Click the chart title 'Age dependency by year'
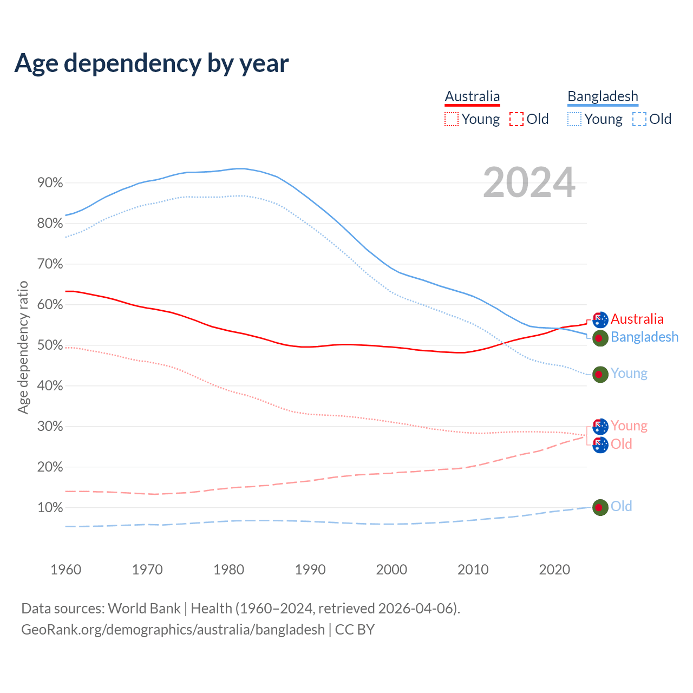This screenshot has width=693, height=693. pos(152,63)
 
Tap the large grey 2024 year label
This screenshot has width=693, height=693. pos(529,183)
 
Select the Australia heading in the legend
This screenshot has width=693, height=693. pos(472,96)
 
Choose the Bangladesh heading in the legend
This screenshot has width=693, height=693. pos(603,96)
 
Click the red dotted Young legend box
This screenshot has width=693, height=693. pos(452,119)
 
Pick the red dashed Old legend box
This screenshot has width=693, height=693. pos(517,119)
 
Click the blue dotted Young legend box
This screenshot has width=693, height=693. pos(574,119)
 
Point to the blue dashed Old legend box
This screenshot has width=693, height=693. pos(639,119)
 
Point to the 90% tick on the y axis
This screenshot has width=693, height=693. pos(50,183)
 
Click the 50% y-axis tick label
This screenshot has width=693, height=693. pos(50,345)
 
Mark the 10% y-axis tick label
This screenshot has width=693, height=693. pos(50,508)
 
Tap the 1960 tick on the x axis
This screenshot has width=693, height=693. pos(66,570)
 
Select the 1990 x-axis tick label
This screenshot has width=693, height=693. pos(310,570)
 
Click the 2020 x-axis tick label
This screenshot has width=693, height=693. pos(554,570)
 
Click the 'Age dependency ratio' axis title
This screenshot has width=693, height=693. pos(23,347)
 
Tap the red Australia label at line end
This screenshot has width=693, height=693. pos(637,319)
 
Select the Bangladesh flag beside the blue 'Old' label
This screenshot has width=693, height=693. pos(600,507)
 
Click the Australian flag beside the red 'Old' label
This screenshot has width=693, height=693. pos(600,445)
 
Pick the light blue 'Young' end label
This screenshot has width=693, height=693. pos(629,374)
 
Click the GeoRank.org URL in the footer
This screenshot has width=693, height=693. pos(173,630)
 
